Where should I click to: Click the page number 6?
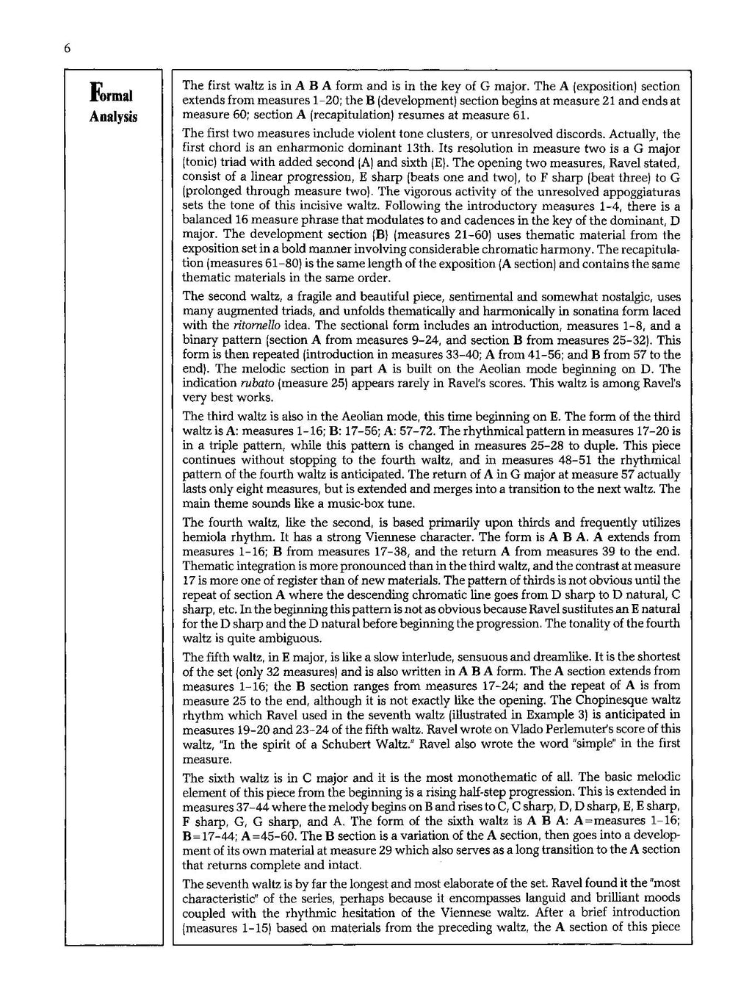(x=66, y=48)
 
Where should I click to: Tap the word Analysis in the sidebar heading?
(x=114, y=118)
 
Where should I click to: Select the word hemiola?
(x=205, y=537)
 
